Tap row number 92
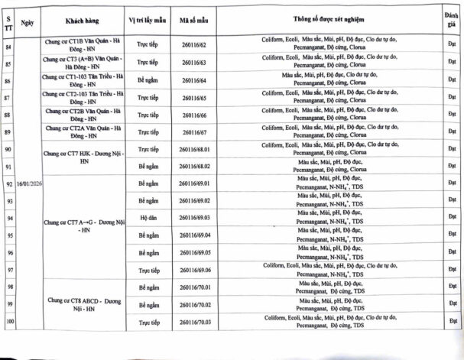[9, 184]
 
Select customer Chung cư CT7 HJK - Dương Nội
[84, 154]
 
